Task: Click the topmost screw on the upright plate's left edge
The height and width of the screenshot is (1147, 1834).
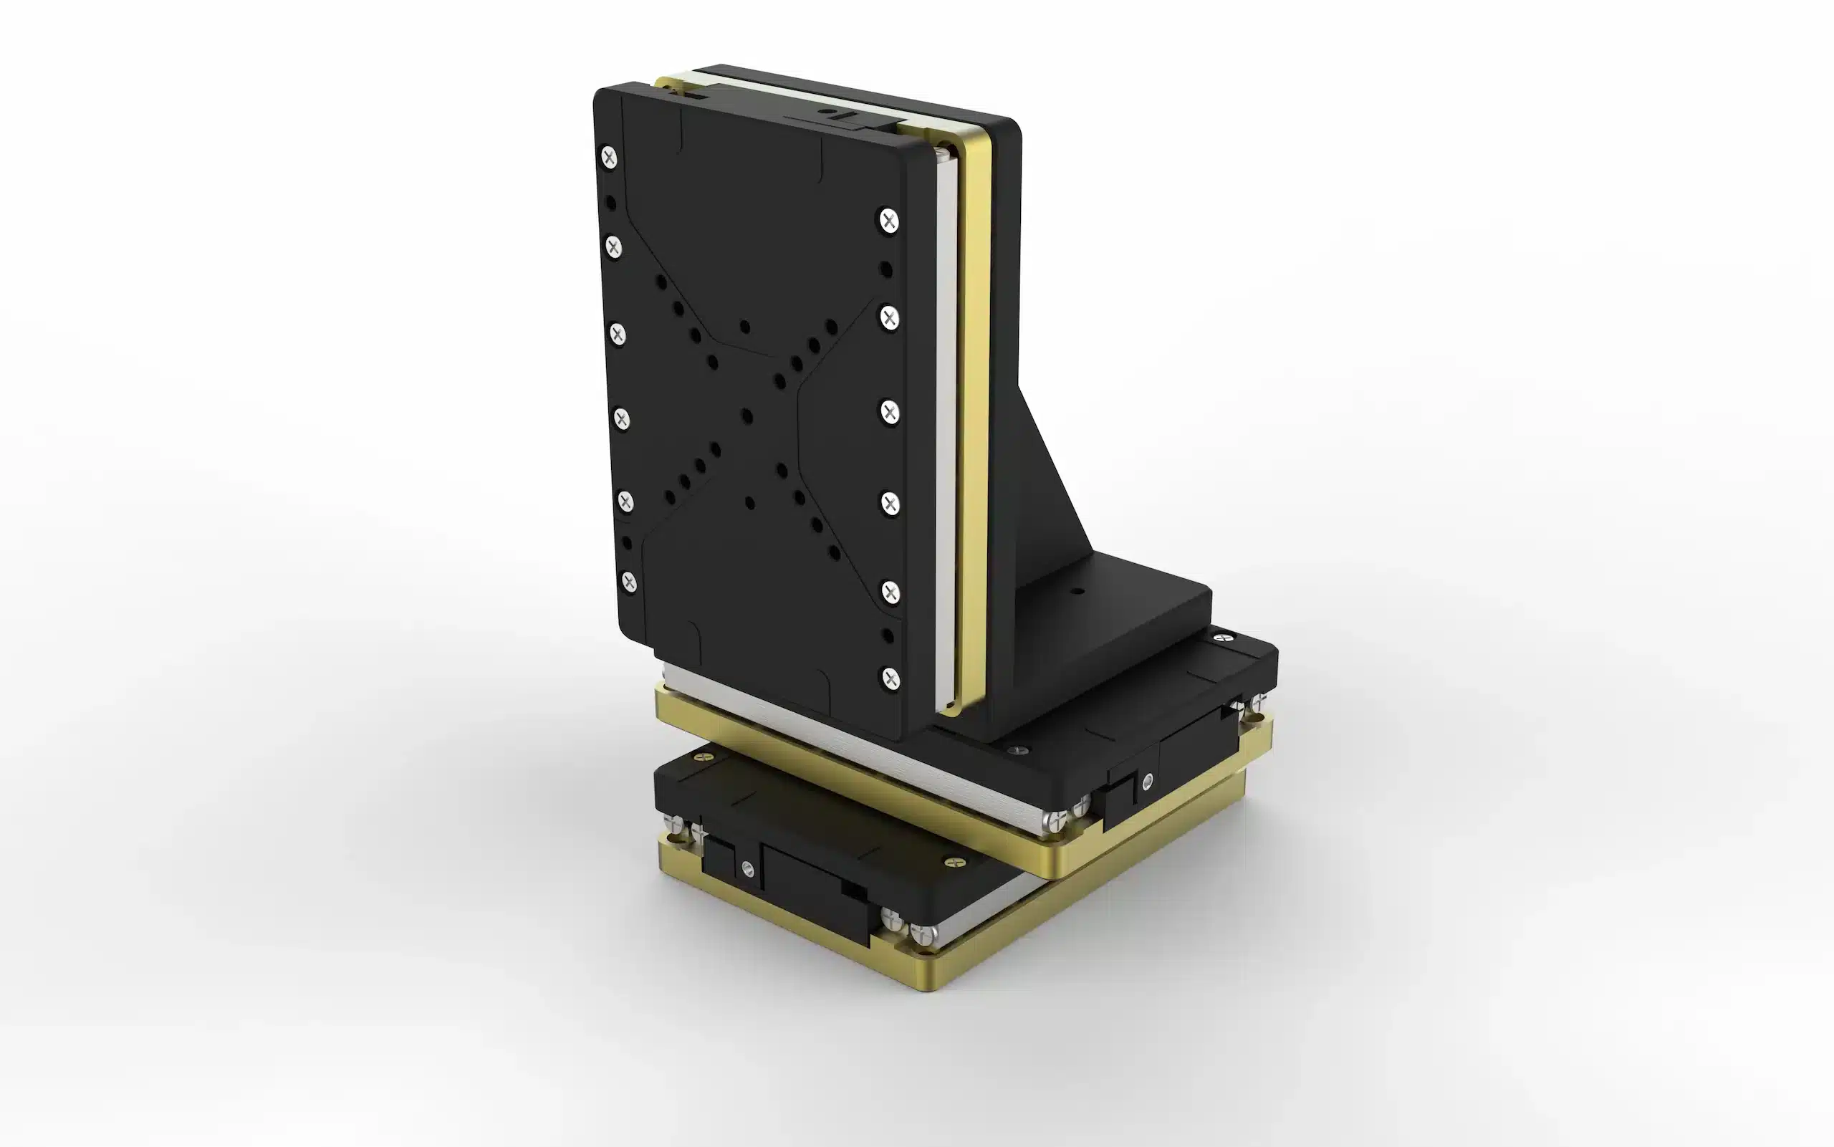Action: (x=609, y=157)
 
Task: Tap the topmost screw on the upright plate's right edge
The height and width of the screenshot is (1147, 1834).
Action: (x=889, y=221)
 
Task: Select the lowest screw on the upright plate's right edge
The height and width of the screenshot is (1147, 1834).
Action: (x=890, y=678)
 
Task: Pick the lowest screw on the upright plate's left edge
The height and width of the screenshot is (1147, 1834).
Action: (x=629, y=581)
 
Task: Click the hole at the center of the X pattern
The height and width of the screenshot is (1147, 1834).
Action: (x=746, y=416)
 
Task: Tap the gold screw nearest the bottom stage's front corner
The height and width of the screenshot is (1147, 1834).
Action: (x=954, y=863)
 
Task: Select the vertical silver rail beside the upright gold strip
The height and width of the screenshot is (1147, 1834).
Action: (x=948, y=425)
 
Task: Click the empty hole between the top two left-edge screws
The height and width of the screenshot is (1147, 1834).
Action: (x=610, y=203)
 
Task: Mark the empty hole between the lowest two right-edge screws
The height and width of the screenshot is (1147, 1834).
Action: (x=888, y=635)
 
